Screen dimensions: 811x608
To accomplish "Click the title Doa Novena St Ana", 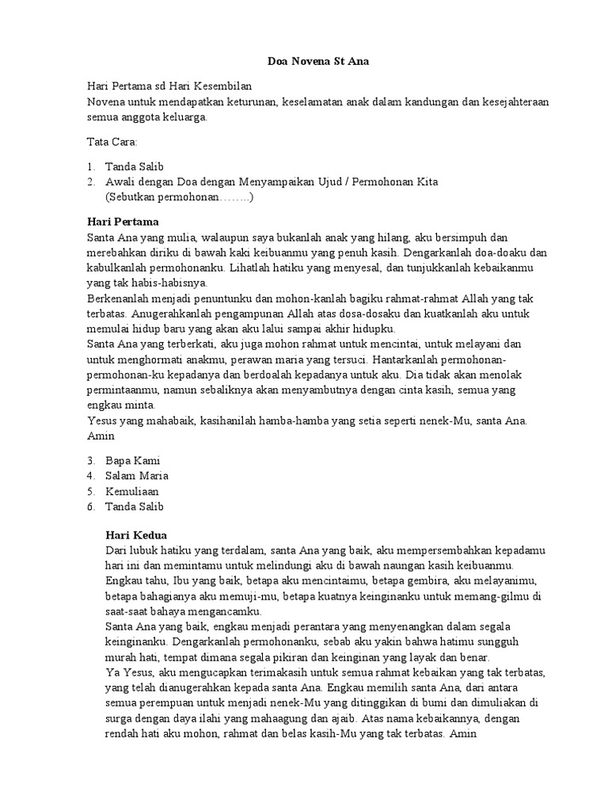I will point(304,62).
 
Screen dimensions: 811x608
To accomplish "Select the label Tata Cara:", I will point(112,143).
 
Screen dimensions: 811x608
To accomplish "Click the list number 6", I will point(91,506).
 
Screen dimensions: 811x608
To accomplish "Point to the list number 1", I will point(91,166).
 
